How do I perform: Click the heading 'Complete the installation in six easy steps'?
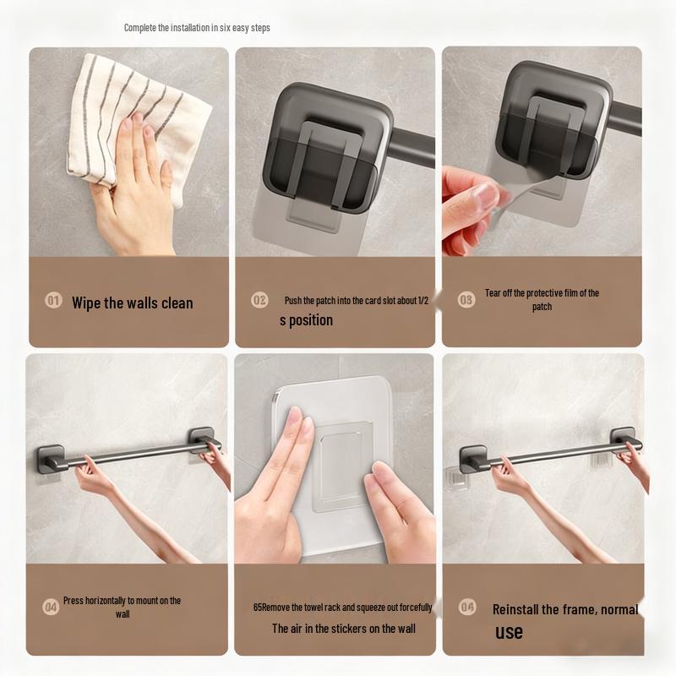click(x=197, y=28)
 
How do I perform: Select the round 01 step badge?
click(x=53, y=301)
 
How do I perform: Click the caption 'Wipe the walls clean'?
click(x=132, y=303)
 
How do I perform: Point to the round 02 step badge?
click(x=259, y=300)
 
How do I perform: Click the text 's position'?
click(x=306, y=320)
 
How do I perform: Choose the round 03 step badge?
click(x=466, y=299)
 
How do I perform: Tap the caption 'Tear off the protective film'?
click(x=542, y=299)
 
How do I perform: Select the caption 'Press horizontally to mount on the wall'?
click(x=122, y=607)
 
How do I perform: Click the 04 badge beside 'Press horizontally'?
click(x=51, y=606)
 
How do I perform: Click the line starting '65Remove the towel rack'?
click(x=342, y=608)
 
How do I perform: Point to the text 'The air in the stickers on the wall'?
click(x=343, y=629)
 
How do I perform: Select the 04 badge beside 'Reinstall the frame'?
click(x=466, y=607)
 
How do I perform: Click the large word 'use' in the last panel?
click(x=509, y=632)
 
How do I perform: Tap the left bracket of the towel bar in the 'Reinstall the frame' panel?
click(x=473, y=458)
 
